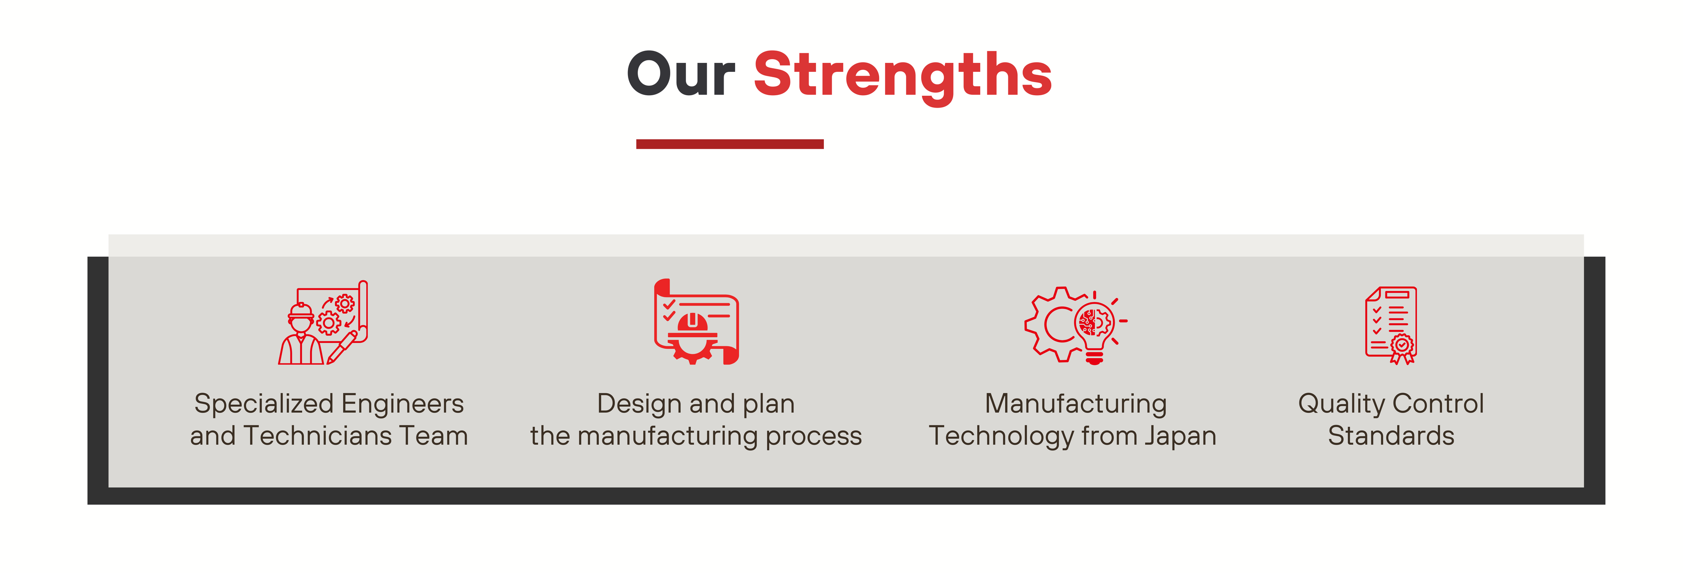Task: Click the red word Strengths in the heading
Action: tap(902, 77)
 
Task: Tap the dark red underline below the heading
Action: tap(730, 144)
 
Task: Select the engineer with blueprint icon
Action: tap(323, 322)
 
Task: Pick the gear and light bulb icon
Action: tap(1076, 325)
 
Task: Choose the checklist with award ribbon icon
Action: tap(1391, 325)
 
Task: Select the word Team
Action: tap(433, 436)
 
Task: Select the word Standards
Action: tap(1391, 436)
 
